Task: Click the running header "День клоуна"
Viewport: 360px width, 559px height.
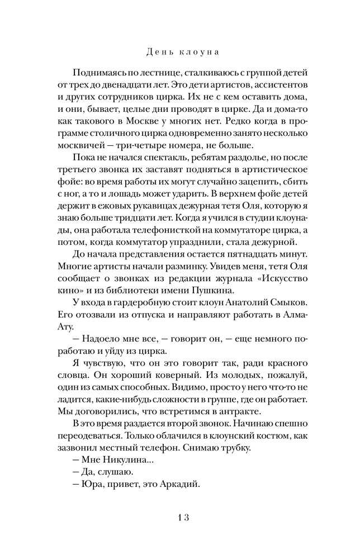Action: click(x=179, y=53)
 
